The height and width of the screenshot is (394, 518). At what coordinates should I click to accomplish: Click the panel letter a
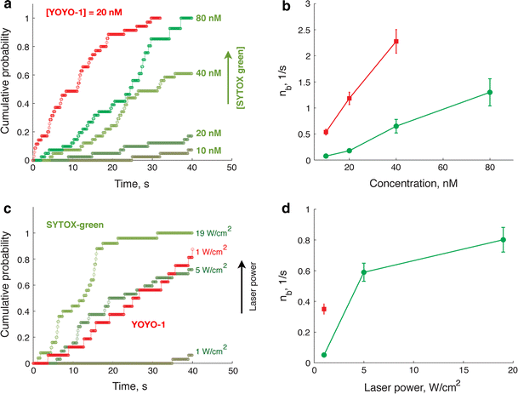6,7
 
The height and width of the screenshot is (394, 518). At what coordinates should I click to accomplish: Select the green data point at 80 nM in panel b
490,92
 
